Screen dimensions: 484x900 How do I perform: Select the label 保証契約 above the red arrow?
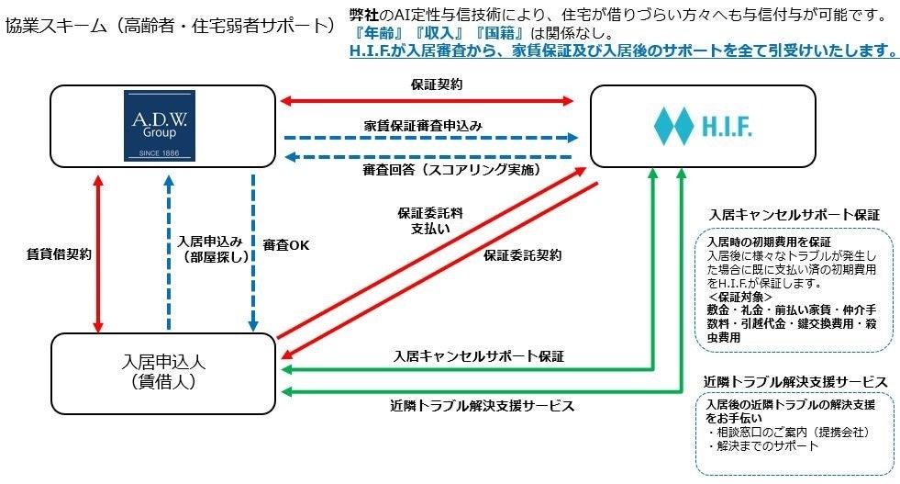(437, 84)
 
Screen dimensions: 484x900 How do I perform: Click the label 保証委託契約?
(522, 254)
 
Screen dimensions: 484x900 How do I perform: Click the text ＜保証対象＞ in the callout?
(740, 297)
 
